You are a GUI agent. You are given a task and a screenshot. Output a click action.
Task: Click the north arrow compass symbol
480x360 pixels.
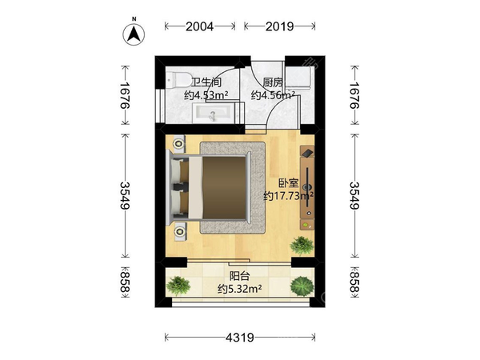click(x=134, y=33)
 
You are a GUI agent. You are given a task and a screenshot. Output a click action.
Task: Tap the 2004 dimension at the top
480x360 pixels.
click(x=199, y=26)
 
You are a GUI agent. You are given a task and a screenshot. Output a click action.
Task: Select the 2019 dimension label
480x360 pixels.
click(x=279, y=26)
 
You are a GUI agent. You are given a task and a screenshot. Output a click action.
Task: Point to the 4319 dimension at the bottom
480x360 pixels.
click(x=240, y=338)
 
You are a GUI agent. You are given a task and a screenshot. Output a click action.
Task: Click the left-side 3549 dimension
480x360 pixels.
click(x=125, y=196)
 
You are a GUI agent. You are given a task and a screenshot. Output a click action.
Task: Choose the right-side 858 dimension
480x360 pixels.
click(x=354, y=282)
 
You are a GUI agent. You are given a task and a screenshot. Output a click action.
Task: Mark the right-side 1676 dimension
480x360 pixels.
click(x=354, y=95)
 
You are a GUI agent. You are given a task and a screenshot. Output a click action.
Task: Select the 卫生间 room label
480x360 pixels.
click(x=206, y=82)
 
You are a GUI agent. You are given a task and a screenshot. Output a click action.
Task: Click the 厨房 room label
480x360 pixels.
click(x=273, y=82)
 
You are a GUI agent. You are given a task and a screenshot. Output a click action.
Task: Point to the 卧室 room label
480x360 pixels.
click(x=288, y=183)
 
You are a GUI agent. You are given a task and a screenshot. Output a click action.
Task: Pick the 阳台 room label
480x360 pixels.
click(x=240, y=276)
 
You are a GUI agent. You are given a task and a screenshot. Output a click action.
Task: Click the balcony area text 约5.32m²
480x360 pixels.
click(x=240, y=288)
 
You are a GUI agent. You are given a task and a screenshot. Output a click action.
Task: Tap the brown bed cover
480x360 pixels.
click(x=224, y=188)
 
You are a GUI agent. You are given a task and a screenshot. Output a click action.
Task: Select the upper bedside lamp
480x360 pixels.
click(x=178, y=143)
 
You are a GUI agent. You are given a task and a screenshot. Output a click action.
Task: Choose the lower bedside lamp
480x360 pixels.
click(x=180, y=232)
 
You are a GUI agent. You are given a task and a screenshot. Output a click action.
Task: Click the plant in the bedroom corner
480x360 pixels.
click(x=302, y=246)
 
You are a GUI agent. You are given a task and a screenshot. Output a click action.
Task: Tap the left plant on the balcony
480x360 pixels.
click(x=178, y=286)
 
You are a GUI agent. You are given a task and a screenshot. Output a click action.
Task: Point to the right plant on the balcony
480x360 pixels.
click(x=302, y=286)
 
